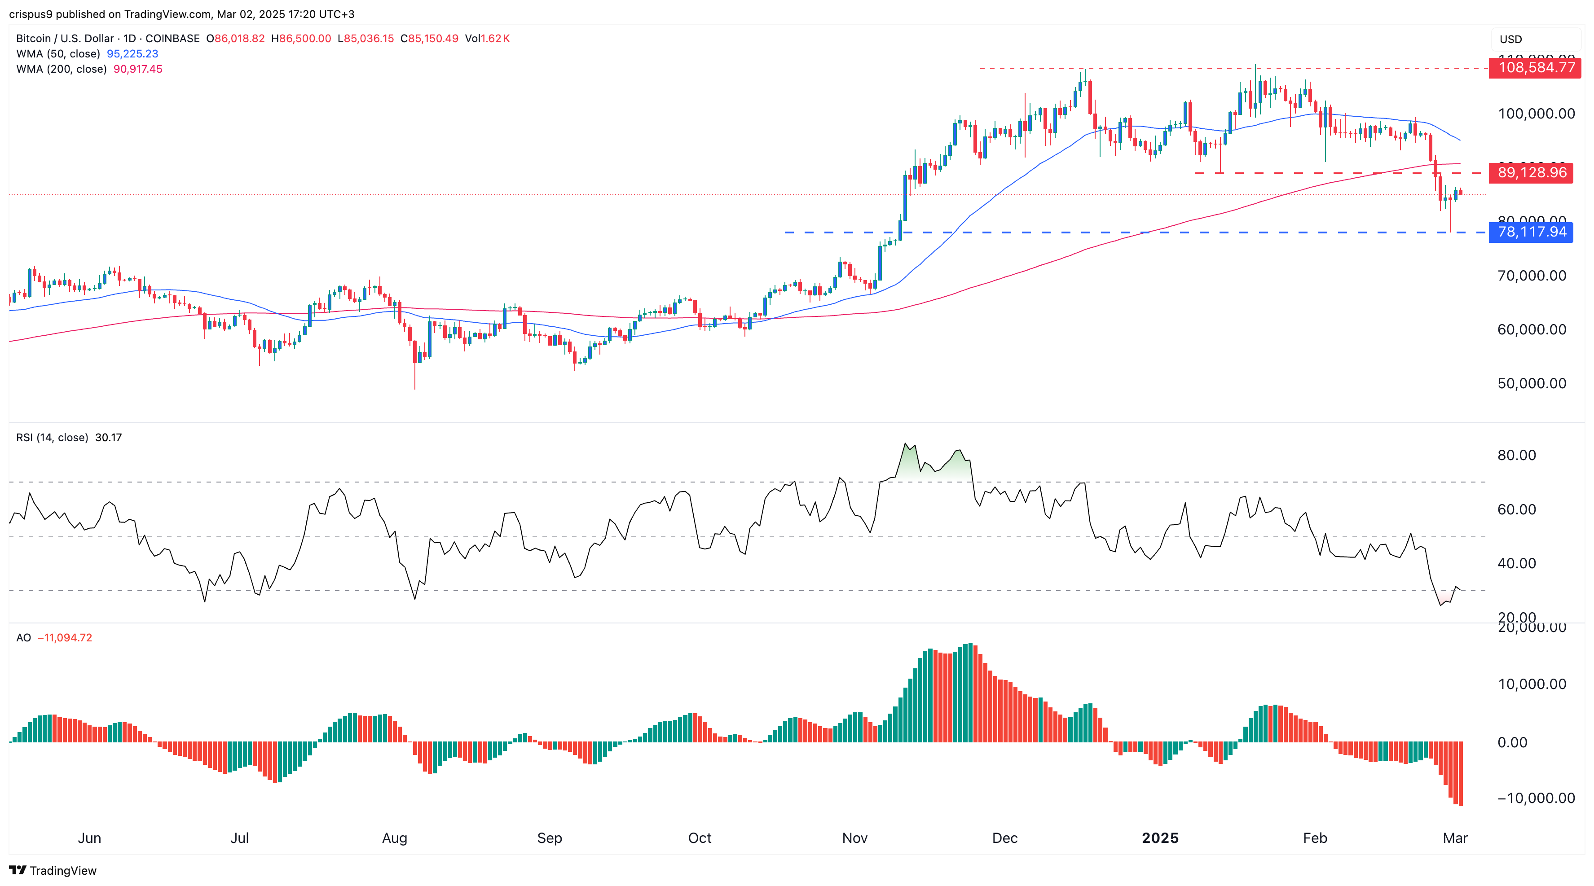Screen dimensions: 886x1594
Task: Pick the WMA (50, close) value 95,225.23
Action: pyautogui.click(x=132, y=54)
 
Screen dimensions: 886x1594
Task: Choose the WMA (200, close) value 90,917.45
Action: pyautogui.click(x=137, y=69)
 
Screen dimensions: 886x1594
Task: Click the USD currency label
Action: pyautogui.click(x=1510, y=39)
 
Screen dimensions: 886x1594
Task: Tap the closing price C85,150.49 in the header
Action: pyautogui.click(x=429, y=38)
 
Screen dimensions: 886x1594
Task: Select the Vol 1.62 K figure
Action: pyautogui.click(x=488, y=38)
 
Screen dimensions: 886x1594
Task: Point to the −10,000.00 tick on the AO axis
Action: pyautogui.click(x=1535, y=798)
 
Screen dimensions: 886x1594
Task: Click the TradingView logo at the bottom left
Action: pyautogui.click(x=53, y=871)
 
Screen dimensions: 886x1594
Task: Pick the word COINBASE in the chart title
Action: pyautogui.click(x=172, y=38)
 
